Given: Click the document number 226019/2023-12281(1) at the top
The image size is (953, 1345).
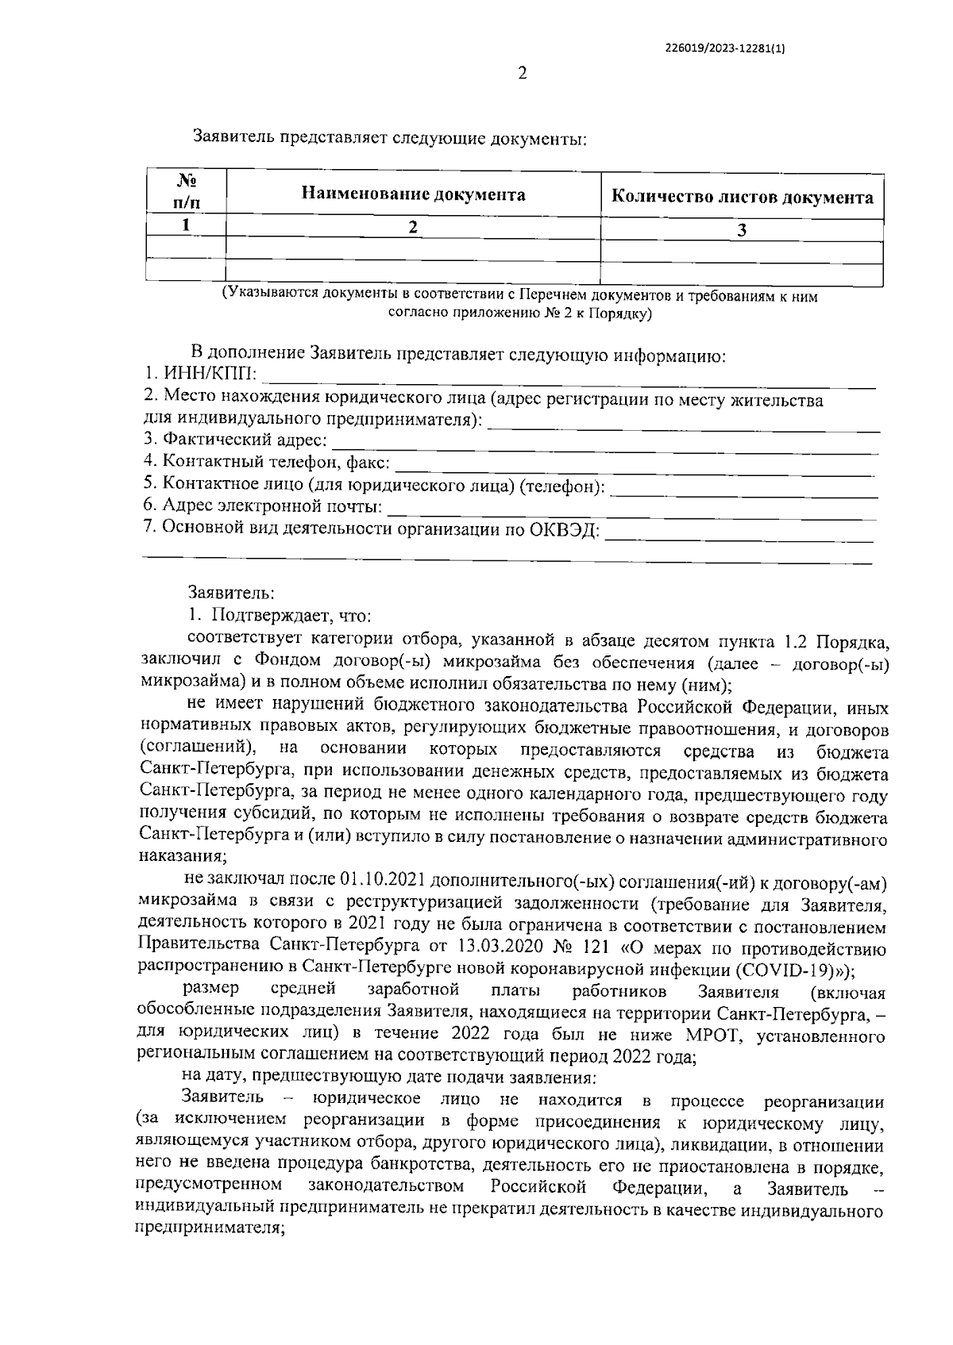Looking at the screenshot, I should pos(725,47).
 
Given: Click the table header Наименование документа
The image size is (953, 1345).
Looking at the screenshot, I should pos(413,194).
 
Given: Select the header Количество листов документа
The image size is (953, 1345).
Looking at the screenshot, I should pos(742,198).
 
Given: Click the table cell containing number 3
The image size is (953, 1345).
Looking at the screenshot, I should pos(742,231).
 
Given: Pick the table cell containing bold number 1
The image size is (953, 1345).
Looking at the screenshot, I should pos(186,225).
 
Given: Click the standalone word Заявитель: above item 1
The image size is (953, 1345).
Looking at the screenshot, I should pos(231,592).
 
